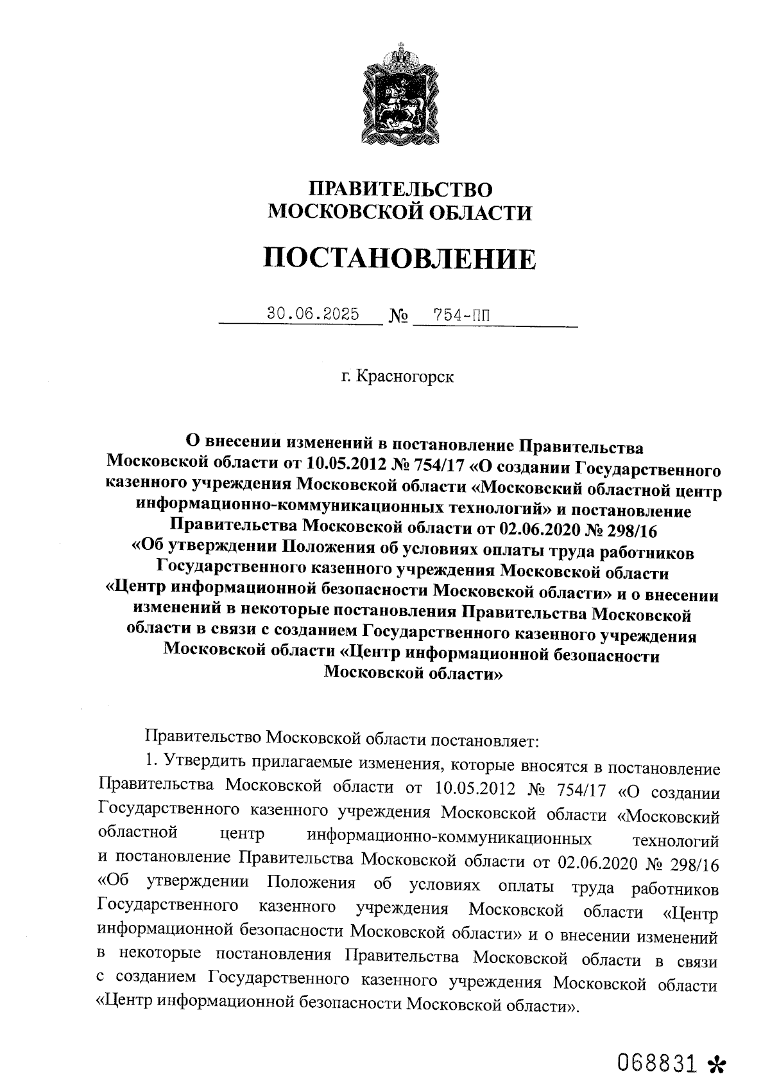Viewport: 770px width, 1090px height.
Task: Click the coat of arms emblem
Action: [x=398, y=95]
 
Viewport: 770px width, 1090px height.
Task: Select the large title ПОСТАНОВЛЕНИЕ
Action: [x=399, y=258]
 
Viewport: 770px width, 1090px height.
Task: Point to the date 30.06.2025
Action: [x=313, y=315]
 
